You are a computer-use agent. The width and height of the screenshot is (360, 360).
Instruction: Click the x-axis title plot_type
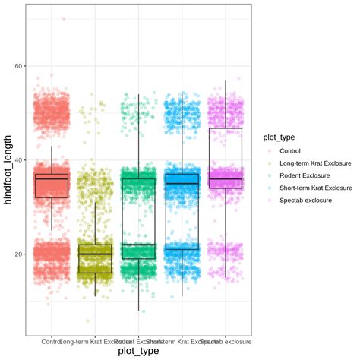(x=137, y=350)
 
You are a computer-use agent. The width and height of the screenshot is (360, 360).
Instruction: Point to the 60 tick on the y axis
(x=16, y=67)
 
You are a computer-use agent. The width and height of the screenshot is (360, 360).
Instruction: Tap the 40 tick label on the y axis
(x=16, y=160)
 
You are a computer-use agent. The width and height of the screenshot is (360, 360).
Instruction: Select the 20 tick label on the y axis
(x=16, y=254)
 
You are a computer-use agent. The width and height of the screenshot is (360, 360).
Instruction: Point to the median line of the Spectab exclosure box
(x=225, y=179)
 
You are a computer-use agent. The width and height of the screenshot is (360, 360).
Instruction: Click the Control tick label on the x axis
(x=52, y=341)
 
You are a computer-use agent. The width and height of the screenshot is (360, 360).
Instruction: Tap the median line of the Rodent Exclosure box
(x=138, y=245)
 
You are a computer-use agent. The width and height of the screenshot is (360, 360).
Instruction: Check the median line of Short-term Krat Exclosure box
(x=182, y=184)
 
